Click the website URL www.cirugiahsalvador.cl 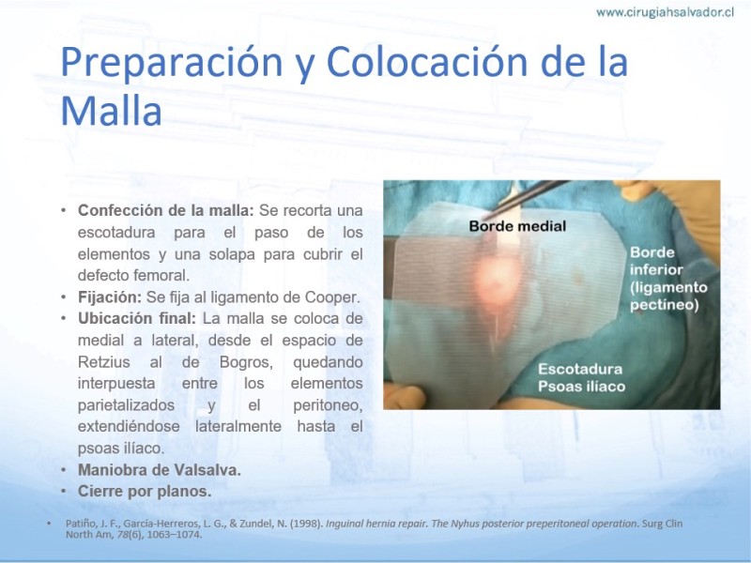click(665, 12)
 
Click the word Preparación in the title click(172, 63)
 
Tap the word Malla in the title click(111, 111)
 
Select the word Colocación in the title click(427, 62)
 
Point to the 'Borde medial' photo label click(517, 226)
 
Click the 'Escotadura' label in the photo click(580, 369)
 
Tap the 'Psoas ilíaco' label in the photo click(581, 387)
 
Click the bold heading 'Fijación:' click(110, 297)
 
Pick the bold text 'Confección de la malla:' click(166, 210)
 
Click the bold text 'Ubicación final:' click(137, 318)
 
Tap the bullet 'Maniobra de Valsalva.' click(160, 470)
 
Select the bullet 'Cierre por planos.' click(145, 491)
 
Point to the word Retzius click(104, 362)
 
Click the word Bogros click(246, 362)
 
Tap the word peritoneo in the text click(328, 405)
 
